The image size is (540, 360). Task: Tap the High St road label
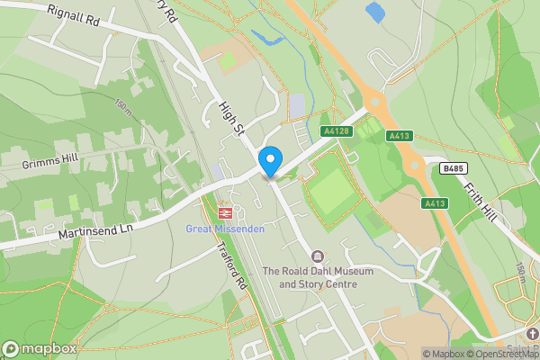click(x=232, y=120)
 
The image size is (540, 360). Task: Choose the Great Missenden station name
click(x=225, y=229)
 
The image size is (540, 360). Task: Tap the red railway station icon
click(x=225, y=213)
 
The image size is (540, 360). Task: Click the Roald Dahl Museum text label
click(x=310, y=277)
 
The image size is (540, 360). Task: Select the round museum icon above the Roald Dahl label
click(x=317, y=257)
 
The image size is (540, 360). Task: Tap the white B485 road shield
click(x=453, y=168)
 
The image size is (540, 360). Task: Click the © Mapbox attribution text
click(x=445, y=354)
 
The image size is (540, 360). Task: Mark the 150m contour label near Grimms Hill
click(x=122, y=106)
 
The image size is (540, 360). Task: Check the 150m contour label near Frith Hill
click(x=519, y=270)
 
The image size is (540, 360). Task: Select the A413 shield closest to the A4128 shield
click(x=399, y=136)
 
